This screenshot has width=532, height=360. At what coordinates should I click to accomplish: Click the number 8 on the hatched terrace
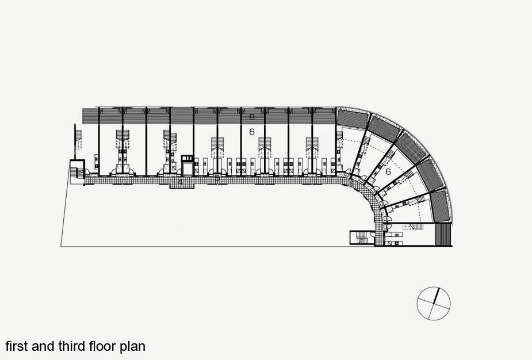pos(252,117)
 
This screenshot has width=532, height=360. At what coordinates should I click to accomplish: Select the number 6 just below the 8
pos(252,132)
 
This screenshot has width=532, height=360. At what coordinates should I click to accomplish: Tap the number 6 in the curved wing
pos(388,171)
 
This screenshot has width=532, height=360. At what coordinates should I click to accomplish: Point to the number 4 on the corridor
pos(180,182)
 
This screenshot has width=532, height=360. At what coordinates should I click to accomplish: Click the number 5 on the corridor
pos(217,179)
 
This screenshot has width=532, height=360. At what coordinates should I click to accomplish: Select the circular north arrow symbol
pos(434,303)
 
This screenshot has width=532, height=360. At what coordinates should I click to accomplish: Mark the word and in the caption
pos(45,346)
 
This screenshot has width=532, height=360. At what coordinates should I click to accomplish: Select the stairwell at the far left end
pos(76,171)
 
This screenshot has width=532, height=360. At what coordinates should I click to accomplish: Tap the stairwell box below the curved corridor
pos(361,238)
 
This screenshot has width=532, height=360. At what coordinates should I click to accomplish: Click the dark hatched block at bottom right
pos(443,235)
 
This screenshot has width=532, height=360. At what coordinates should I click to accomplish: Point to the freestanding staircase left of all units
pos(78,144)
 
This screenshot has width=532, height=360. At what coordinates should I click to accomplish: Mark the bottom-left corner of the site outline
pos(61,247)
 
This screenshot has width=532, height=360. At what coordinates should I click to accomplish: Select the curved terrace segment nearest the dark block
pos(439,206)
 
